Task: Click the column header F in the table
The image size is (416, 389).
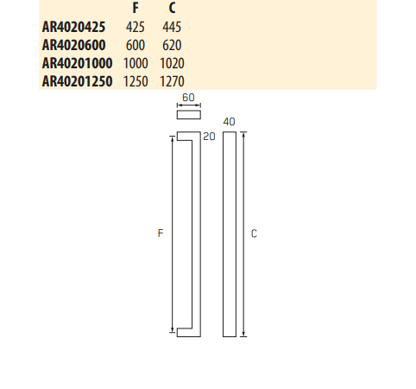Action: point(136,9)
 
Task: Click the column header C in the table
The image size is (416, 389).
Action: point(172,9)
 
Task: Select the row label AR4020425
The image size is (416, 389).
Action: point(73,27)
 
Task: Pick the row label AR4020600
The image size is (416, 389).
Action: point(73,45)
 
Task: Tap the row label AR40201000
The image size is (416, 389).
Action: point(77,63)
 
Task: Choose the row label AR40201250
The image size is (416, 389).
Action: point(77,81)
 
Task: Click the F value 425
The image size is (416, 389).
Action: point(136,27)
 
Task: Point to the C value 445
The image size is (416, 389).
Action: point(172,27)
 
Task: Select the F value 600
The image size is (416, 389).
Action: point(136,45)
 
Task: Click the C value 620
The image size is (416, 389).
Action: point(172,45)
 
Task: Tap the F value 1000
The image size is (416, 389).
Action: point(136,63)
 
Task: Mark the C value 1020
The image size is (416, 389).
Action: point(172,63)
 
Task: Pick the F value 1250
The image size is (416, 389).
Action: point(136,81)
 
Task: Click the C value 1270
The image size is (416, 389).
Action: point(172,81)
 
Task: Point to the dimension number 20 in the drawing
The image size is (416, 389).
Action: point(207,137)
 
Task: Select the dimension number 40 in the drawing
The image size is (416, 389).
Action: point(229,122)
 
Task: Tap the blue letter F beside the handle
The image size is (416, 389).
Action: point(161,233)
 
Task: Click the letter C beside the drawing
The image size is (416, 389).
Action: point(254,233)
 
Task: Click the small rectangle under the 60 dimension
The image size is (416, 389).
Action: point(187,115)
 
